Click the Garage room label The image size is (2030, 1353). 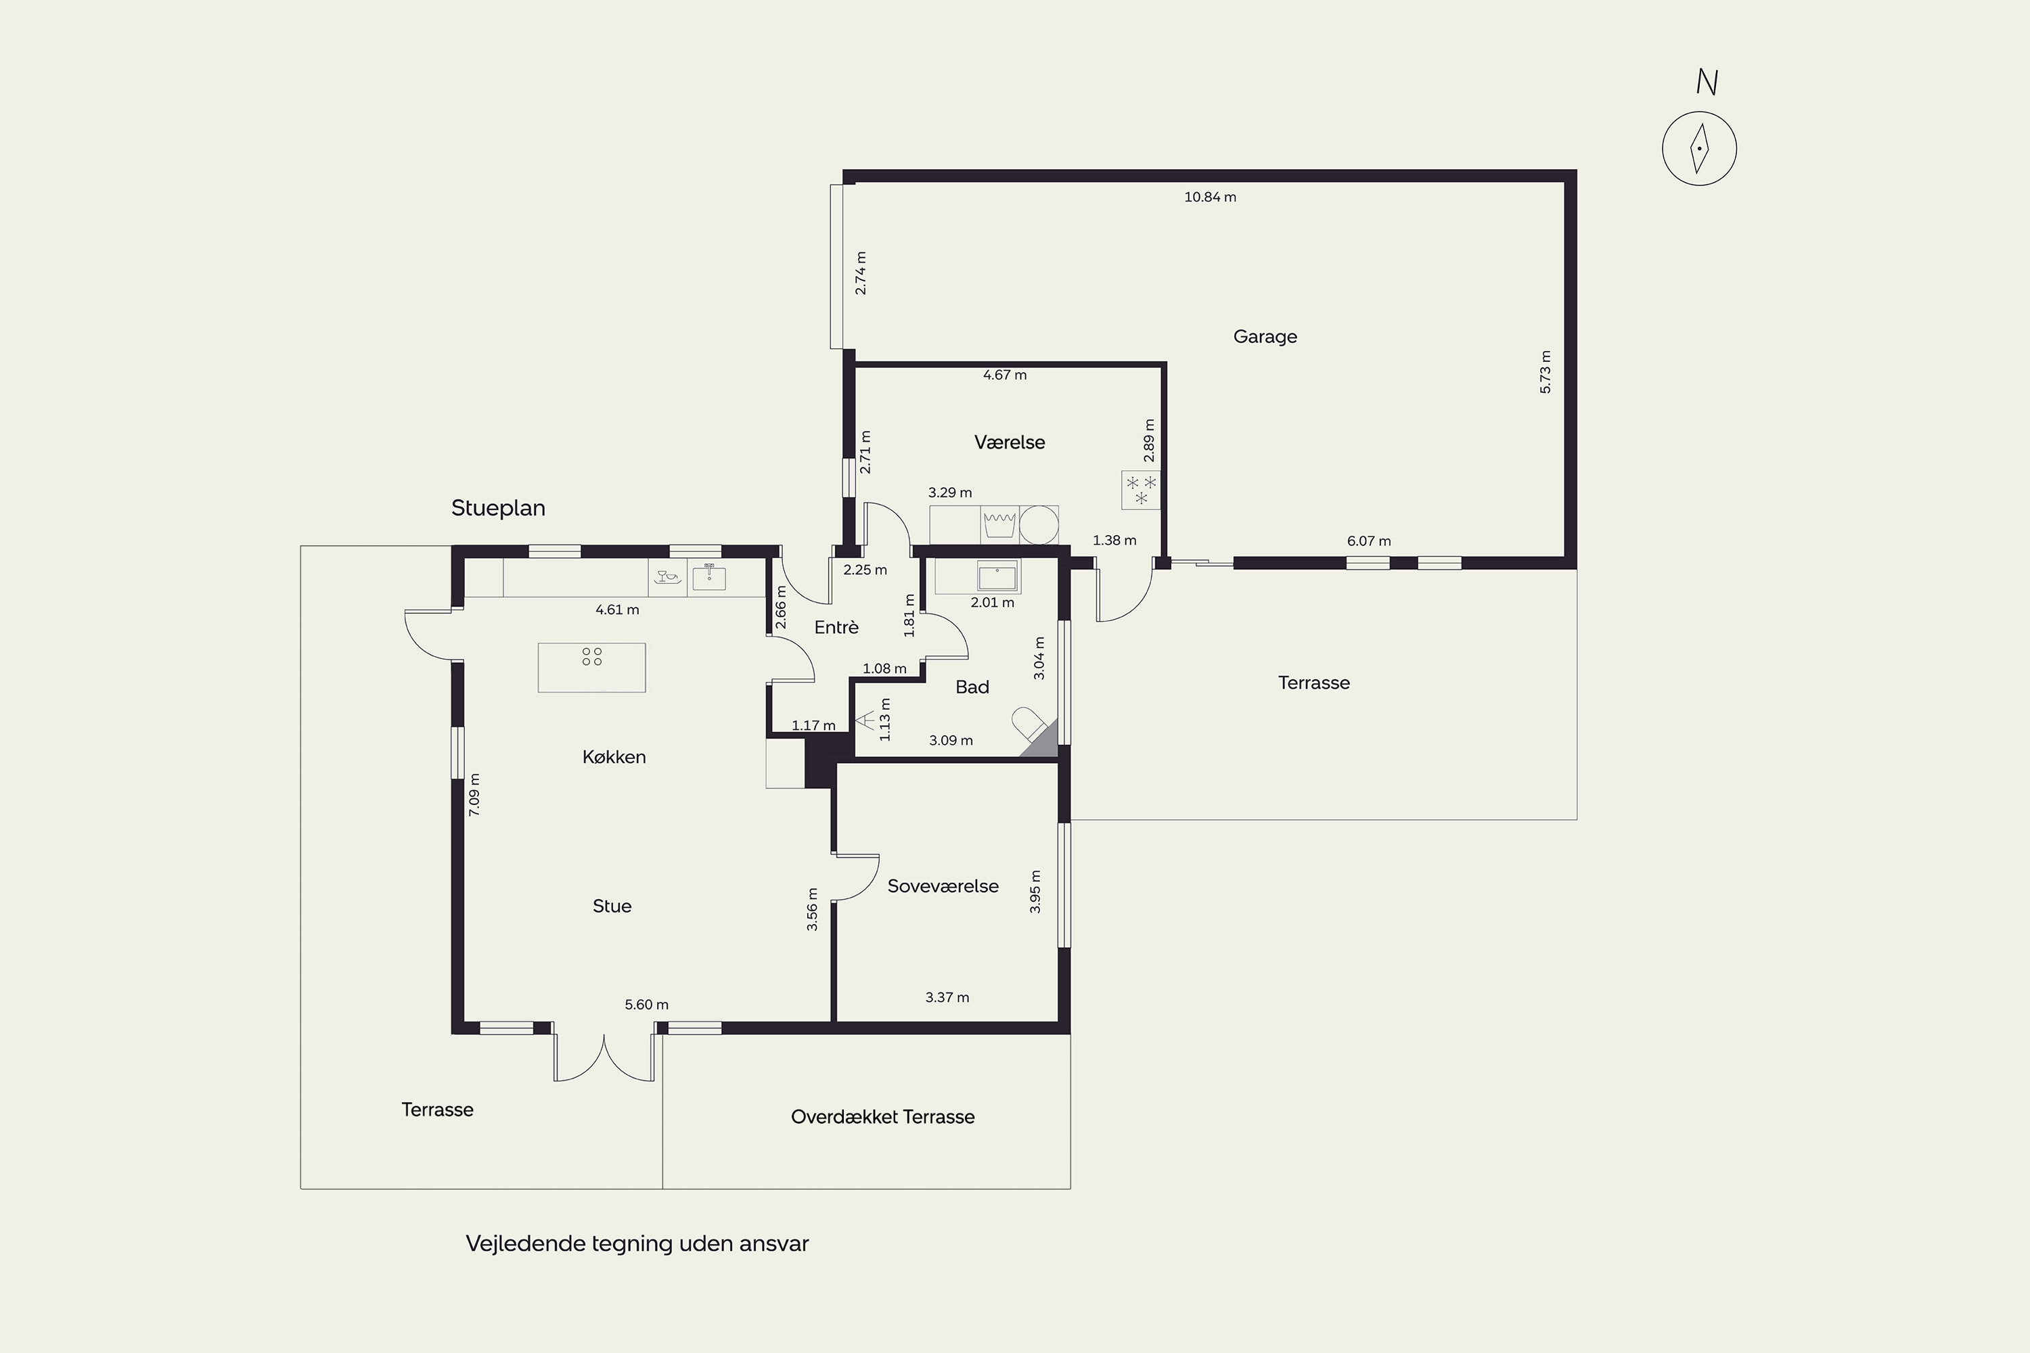[x=1265, y=336]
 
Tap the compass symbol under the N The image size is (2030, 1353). [x=1699, y=148]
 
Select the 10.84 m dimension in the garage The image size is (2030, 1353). [x=1210, y=197]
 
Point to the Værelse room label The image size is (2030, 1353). [x=1009, y=442]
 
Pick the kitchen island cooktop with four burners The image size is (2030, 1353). [x=591, y=667]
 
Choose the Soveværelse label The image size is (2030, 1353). [x=943, y=886]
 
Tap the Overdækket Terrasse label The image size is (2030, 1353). [x=882, y=1117]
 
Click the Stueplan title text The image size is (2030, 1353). [x=498, y=508]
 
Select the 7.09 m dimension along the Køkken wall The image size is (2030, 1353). [x=474, y=794]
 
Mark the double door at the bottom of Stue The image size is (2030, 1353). [x=604, y=1055]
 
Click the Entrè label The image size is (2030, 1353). [x=836, y=627]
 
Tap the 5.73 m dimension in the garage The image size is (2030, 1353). [x=1545, y=372]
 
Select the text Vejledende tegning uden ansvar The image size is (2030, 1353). [x=637, y=1243]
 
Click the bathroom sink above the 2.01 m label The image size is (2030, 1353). [x=997, y=576]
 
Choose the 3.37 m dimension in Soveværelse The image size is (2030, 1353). [x=947, y=997]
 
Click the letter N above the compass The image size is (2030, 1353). [x=1707, y=82]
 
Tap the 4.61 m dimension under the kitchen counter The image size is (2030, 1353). [x=617, y=610]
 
